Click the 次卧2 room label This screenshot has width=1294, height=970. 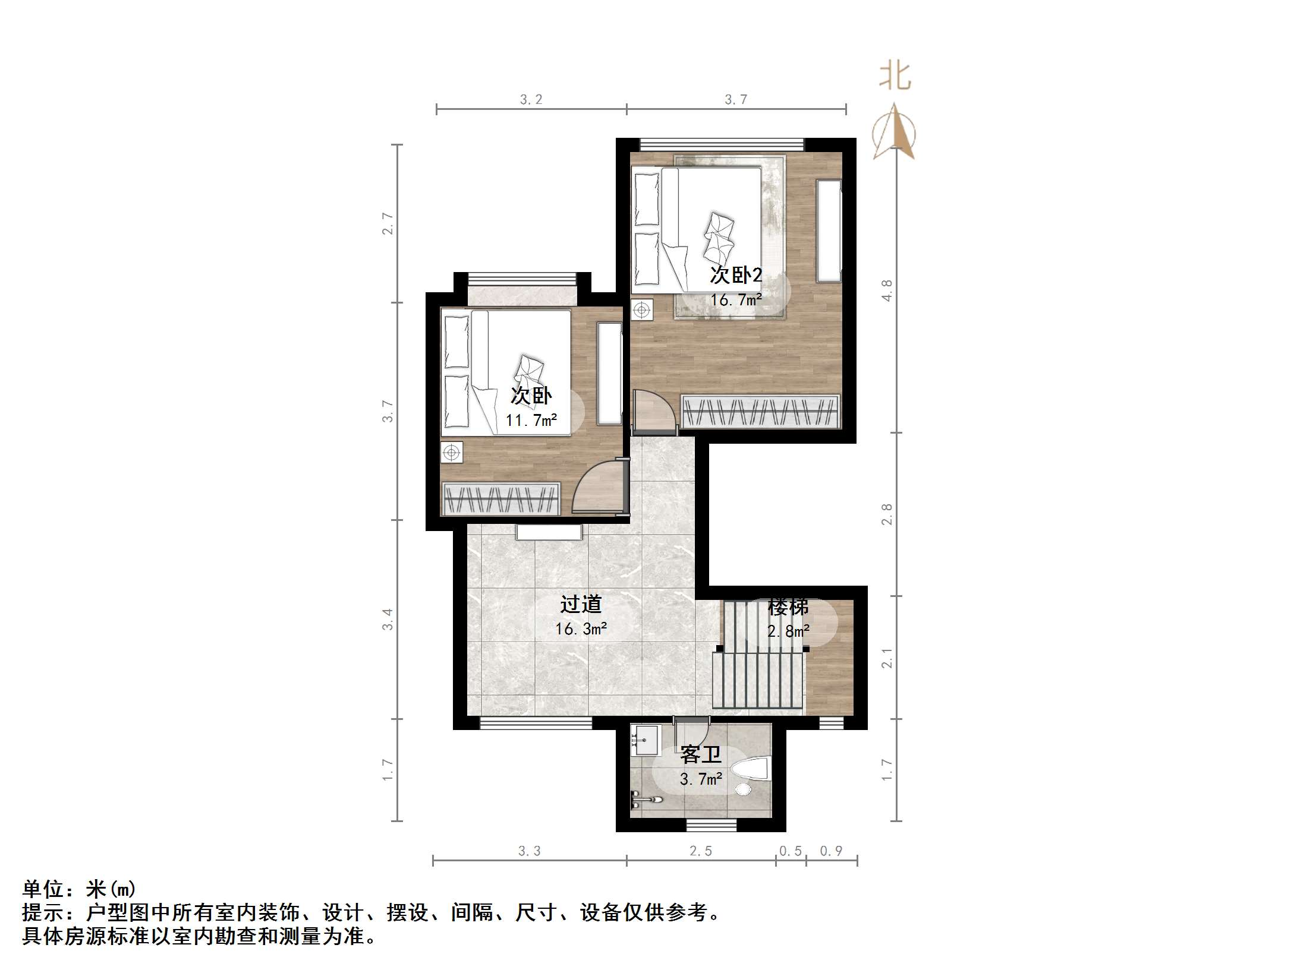(736, 276)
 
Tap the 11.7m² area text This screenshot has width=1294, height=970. (531, 421)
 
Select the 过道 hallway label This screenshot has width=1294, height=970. (581, 605)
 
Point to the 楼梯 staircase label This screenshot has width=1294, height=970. (788, 607)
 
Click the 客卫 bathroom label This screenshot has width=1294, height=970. (701, 755)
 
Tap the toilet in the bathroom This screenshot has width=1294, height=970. (751, 770)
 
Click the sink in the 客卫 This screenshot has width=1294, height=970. (645, 740)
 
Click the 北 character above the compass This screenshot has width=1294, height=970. (895, 77)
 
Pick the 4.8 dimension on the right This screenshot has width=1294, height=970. (887, 290)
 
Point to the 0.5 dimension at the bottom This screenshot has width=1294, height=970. (791, 851)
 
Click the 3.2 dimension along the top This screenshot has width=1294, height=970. (531, 100)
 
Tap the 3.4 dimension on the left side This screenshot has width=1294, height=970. (388, 619)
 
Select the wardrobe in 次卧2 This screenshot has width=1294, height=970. (760, 411)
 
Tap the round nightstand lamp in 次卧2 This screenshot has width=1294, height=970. (641, 310)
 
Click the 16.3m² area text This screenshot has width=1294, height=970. (581, 628)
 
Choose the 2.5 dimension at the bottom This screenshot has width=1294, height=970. (700, 851)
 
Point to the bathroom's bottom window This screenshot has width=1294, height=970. (711, 825)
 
